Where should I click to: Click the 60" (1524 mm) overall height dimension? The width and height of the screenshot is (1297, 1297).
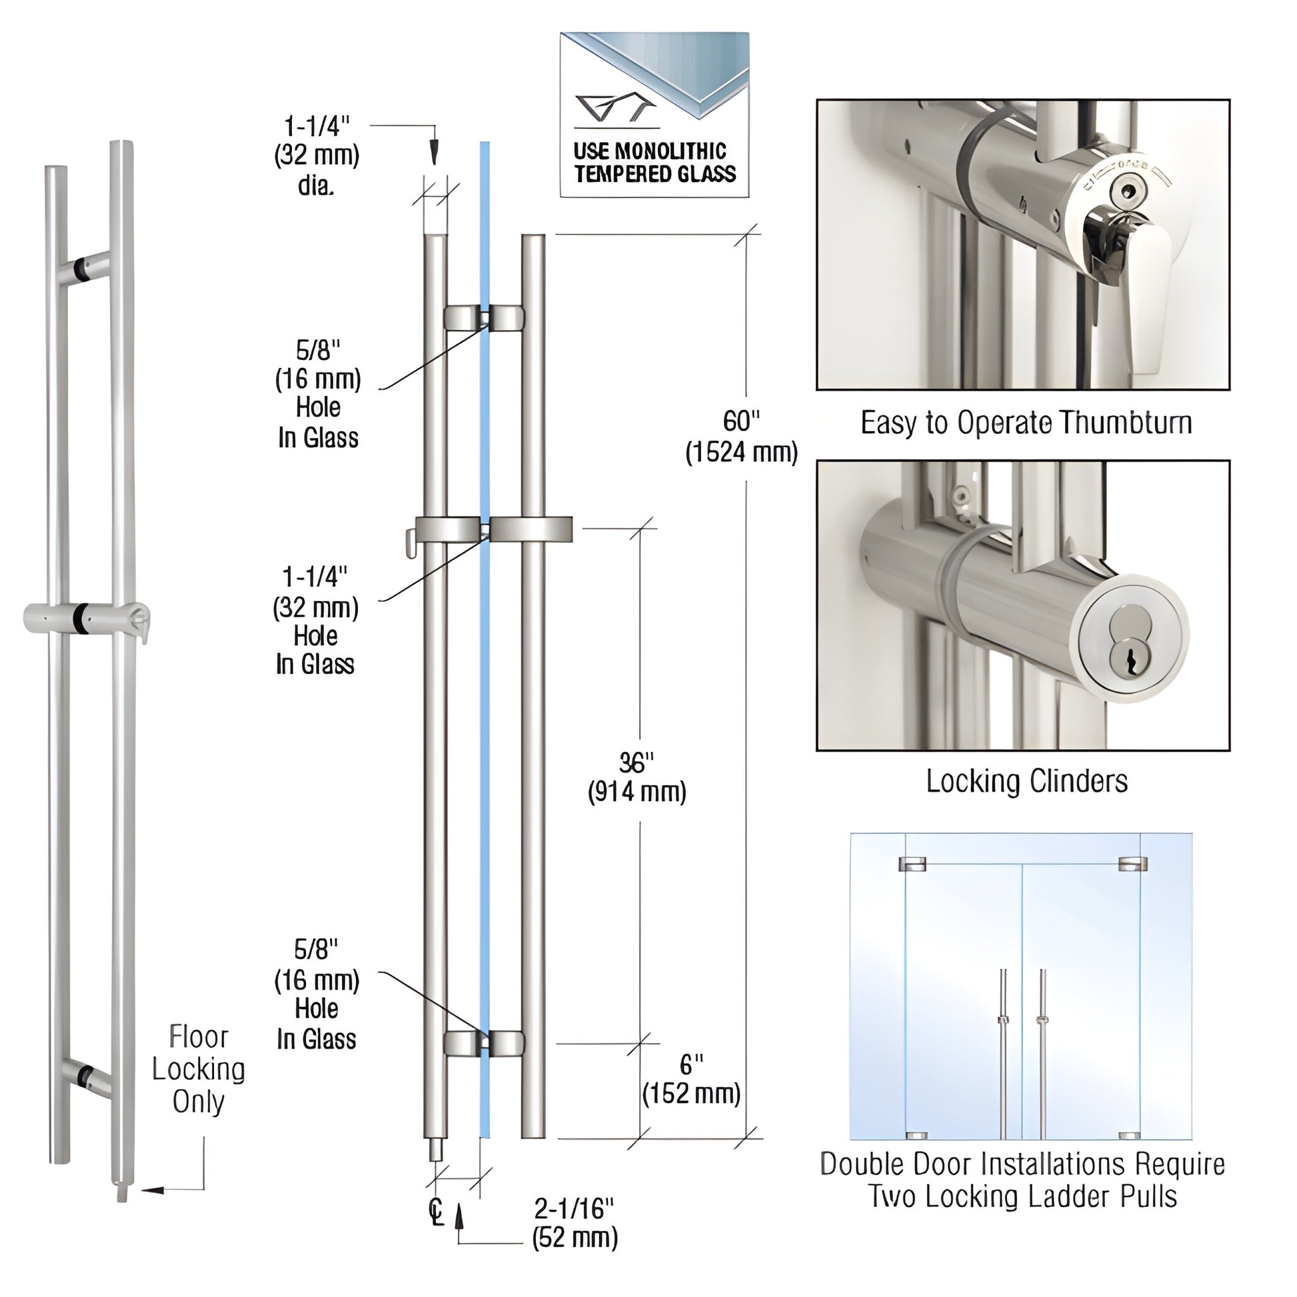coord(741,437)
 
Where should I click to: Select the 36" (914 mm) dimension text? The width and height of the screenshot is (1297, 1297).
coord(637,778)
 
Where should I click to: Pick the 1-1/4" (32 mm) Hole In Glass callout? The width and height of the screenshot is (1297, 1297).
coord(315,621)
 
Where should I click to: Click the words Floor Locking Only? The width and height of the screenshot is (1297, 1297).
coord(198,1069)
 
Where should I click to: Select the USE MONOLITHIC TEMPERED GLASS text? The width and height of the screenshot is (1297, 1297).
coord(654,163)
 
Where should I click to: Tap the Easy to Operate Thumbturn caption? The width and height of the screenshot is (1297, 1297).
coord(1026,423)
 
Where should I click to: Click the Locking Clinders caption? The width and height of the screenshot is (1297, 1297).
coord(1026,780)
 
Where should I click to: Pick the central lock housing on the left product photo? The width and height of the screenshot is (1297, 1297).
coord(84,617)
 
